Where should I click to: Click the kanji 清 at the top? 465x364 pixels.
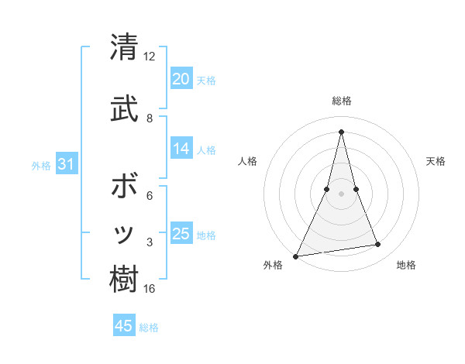coord(124,48)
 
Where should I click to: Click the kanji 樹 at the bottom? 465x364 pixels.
coord(124,280)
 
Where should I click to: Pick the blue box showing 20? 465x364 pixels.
coord(181,79)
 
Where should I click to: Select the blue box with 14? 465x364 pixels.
coord(181,149)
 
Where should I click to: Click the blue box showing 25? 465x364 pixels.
coord(181,234)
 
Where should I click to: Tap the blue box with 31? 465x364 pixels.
coord(66,164)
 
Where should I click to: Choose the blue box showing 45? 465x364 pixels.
coord(124,326)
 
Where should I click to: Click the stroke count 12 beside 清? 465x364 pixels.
coord(149,57)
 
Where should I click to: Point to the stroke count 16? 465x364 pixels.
coord(149,289)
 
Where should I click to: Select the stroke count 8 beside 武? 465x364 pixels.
coord(150,118)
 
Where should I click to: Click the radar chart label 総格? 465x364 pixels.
coord(341,101)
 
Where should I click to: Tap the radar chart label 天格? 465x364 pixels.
coord(436,161)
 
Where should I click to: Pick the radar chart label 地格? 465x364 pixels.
coord(406,266)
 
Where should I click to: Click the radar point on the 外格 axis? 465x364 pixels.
coord(296,256)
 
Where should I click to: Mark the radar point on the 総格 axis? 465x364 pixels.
coord(341,132)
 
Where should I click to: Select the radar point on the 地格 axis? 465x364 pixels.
coord(378,245)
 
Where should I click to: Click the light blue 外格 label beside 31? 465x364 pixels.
coord(41,165)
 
